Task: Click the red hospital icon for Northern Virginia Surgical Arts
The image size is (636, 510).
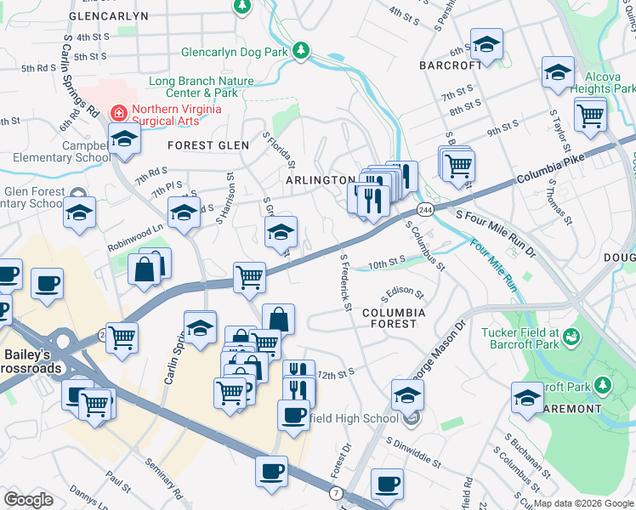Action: [120, 112]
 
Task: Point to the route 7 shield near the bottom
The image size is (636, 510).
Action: [338, 493]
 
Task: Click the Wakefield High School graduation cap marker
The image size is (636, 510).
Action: [407, 394]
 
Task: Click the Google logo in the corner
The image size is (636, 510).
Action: [29, 500]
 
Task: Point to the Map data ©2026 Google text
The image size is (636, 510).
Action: [583, 503]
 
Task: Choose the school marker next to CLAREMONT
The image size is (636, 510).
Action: [527, 397]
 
